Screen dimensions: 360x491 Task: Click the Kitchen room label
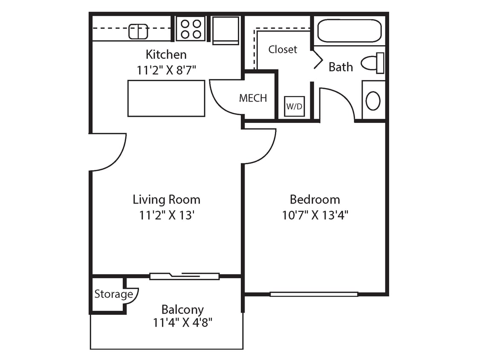(166, 55)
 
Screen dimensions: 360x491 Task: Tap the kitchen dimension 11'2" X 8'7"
(166, 70)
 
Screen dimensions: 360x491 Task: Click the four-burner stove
(191, 29)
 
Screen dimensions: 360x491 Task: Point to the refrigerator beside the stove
(225, 30)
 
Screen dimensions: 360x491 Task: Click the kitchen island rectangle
(166, 98)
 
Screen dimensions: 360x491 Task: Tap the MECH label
(253, 98)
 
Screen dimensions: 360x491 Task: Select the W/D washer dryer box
(294, 106)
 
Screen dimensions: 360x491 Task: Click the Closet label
(283, 49)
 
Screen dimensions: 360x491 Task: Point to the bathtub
(349, 31)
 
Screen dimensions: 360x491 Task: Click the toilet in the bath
(373, 63)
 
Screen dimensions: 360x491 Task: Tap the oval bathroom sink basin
(373, 101)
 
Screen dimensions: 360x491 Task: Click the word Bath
(341, 67)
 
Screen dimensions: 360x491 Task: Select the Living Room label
(166, 199)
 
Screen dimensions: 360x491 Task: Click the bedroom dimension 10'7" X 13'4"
(315, 215)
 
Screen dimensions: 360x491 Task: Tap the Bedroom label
(315, 199)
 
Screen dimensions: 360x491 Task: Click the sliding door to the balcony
(185, 276)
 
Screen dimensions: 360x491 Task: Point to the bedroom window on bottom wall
(314, 294)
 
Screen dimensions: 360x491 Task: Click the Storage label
(113, 294)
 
